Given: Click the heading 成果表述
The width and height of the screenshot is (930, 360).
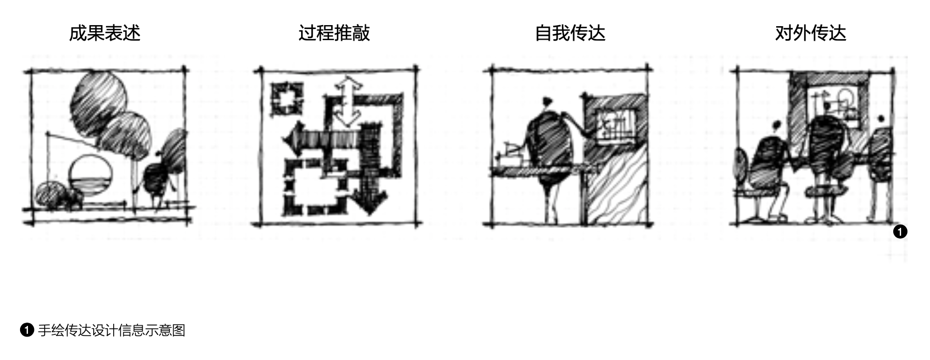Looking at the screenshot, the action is (x=104, y=33).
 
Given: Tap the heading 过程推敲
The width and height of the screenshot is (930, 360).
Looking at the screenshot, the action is (x=334, y=33).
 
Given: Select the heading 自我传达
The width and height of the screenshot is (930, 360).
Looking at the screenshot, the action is (x=570, y=33).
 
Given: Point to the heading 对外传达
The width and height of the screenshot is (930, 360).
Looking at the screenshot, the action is (x=810, y=33).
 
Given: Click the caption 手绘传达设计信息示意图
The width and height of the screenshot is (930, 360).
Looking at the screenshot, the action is (x=111, y=330).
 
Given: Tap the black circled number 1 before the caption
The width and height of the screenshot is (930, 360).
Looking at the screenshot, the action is (x=27, y=330).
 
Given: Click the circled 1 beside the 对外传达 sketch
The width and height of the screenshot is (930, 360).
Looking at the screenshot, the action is (x=900, y=231).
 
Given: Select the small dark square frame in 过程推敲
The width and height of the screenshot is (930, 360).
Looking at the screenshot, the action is (x=286, y=99).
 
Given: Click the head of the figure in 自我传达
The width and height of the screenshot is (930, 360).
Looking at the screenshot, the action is (x=547, y=103).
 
